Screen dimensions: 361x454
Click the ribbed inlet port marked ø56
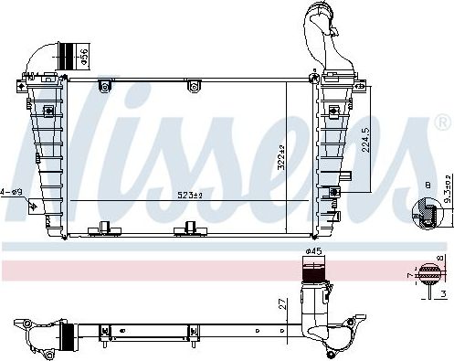(x=67, y=54)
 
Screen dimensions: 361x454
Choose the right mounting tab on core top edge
(x=193, y=87)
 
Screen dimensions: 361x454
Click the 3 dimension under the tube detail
(x=441, y=294)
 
